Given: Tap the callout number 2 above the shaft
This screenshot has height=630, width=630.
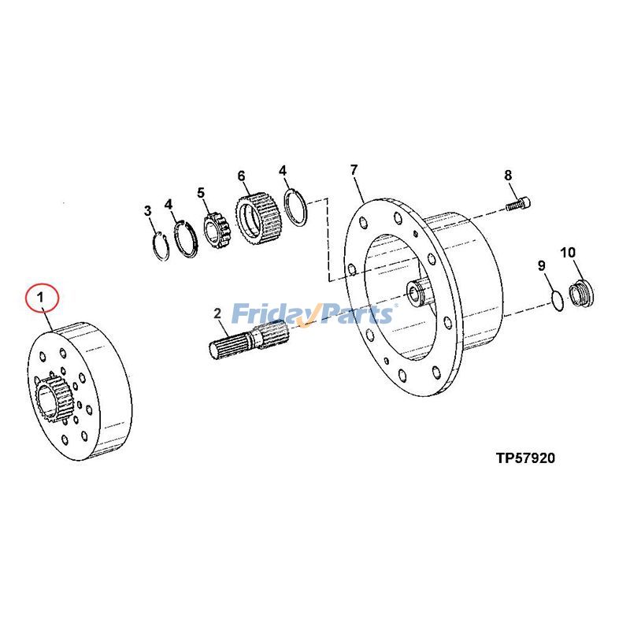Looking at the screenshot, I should pyautogui.click(x=218, y=314).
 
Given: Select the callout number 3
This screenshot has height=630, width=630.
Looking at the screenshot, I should pyautogui.click(x=147, y=210).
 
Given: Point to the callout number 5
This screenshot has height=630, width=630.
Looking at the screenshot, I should pyautogui.click(x=201, y=192).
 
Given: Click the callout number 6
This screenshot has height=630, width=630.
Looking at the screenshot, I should pyautogui.click(x=241, y=175).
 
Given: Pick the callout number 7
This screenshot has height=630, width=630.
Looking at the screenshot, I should pyautogui.click(x=354, y=169).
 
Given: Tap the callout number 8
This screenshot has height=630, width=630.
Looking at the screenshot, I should pyautogui.click(x=508, y=175).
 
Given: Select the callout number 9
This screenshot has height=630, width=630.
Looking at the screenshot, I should pyautogui.click(x=542, y=266).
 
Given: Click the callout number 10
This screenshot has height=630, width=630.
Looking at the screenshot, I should pyautogui.click(x=568, y=252).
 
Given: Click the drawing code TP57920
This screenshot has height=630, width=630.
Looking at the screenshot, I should pyautogui.click(x=525, y=458).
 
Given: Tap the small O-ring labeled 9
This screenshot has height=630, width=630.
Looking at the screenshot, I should pyautogui.click(x=556, y=300).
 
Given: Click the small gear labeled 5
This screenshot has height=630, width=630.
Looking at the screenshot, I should pyautogui.click(x=215, y=229).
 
